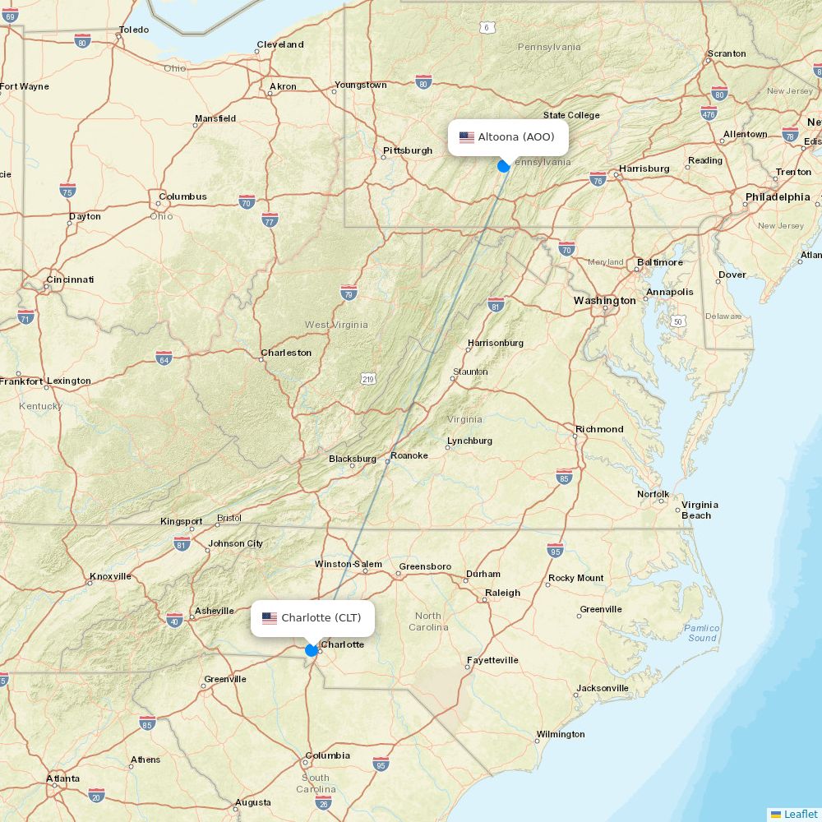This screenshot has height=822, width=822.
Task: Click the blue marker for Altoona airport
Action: coord(504,166)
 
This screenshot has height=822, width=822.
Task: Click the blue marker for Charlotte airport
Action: coord(312,650)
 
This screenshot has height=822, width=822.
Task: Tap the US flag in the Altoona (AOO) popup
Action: coord(467,137)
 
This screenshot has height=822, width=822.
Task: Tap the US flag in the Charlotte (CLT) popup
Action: coord(270,618)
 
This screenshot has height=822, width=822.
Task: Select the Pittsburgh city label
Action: coord(407,150)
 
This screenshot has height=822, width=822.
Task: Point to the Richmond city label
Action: coord(599,429)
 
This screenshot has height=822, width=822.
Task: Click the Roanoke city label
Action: coord(409,455)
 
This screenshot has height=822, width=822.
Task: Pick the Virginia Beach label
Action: coord(699,510)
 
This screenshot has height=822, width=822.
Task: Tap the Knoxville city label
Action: coord(110,576)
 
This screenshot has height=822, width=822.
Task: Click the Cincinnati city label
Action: coord(70,279)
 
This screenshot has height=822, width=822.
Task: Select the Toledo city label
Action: coord(133,30)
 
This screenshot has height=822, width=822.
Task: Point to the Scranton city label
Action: coord(727,53)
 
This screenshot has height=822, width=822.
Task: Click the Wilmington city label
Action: coord(561,734)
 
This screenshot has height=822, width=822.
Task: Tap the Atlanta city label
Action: coord(63,778)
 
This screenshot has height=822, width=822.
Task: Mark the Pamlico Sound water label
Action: coord(702,633)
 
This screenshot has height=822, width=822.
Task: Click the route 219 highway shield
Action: coord(367,378)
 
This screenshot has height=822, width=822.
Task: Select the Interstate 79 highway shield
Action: coord(349,293)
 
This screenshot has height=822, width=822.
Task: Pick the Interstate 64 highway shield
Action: coord(164,358)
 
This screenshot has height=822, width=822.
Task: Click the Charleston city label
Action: coord(286,353)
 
